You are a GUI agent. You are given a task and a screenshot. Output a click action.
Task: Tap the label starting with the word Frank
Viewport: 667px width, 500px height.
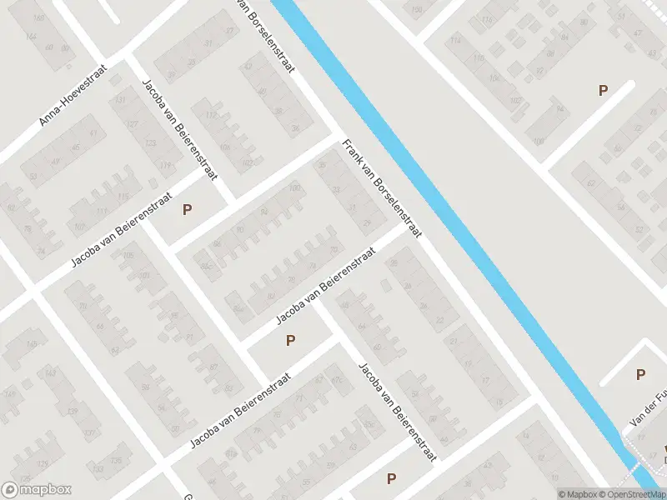coord(382,188)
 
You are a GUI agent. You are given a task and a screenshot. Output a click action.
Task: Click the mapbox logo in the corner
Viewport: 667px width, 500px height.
coord(36,490)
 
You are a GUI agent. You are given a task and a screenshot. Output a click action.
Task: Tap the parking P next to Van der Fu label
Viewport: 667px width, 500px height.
coord(640,375)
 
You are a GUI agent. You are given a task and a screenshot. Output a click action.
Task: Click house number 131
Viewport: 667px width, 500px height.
coord(122,101)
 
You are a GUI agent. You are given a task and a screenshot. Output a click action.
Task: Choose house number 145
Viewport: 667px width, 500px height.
coord(33,344)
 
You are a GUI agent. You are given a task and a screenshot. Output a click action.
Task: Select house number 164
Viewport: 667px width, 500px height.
coord(33,37)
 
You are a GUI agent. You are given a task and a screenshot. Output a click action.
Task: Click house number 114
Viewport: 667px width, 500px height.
coord(455,41)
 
